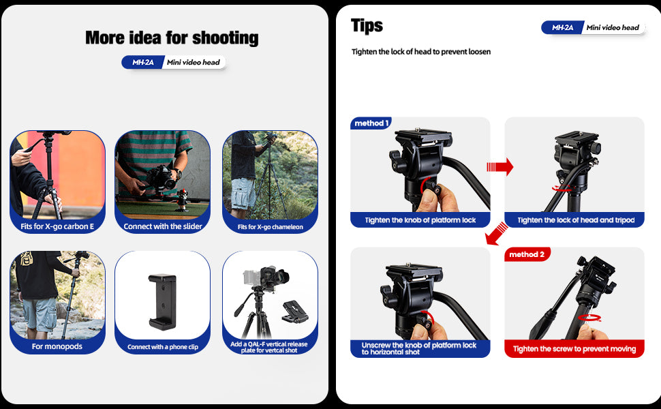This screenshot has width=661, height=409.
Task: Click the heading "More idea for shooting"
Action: (x=172, y=38)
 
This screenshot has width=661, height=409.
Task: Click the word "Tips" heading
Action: (x=367, y=25)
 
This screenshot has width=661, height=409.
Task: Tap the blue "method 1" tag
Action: (x=371, y=123)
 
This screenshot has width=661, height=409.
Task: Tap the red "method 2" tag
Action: (x=527, y=254)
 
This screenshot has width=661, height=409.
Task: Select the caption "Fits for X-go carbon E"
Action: (x=57, y=226)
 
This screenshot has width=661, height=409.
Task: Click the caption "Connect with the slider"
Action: (x=163, y=226)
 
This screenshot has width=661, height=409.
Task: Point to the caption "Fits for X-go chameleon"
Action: (x=271, y=227)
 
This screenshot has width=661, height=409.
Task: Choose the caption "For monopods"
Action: (x=57, y=346)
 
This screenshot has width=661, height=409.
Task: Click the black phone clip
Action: (x=162, y=301)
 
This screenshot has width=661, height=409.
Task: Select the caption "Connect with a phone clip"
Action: (x=163, y=347)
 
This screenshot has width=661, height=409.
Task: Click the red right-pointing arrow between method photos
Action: (x=500, y=166)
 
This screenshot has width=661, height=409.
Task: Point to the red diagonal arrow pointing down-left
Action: (x=497, y=234)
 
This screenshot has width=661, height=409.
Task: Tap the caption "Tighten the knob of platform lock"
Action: (x=420, y=220)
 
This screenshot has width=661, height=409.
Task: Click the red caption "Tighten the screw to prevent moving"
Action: (x=574, y=349)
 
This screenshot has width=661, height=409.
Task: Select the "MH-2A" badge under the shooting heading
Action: (x=142, y=63)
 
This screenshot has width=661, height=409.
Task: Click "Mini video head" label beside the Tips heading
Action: (x=613, y=27)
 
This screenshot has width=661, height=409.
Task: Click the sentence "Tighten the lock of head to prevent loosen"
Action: (x=421, y=51)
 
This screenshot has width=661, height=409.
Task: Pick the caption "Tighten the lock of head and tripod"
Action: (x=576, y=220)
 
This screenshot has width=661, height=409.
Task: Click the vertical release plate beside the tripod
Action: (x=295, y=312)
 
